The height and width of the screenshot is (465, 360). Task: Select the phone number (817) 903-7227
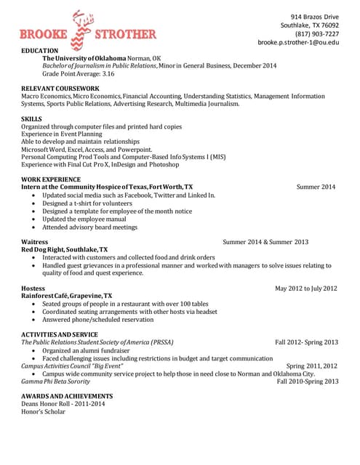click(x=316, y=33)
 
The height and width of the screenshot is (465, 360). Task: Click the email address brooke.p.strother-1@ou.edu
click(x=298, y=42)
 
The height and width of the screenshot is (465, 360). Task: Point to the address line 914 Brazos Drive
click(x=314, y=16)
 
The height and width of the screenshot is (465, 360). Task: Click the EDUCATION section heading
click(x=39, y=50)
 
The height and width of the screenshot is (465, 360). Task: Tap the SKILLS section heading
click(x=31, y=118)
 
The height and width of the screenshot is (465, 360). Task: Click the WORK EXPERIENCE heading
click(x=51, y=179)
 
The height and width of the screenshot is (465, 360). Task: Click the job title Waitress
click(x=35, y=241)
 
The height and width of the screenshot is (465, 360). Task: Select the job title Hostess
click(x=33, y=288)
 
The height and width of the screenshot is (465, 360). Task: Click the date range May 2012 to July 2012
click(x=305, y=288)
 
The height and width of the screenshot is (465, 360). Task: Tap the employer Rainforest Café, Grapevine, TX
click(x=67, y=296)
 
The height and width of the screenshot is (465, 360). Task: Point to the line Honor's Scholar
click(x=43, y=411)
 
